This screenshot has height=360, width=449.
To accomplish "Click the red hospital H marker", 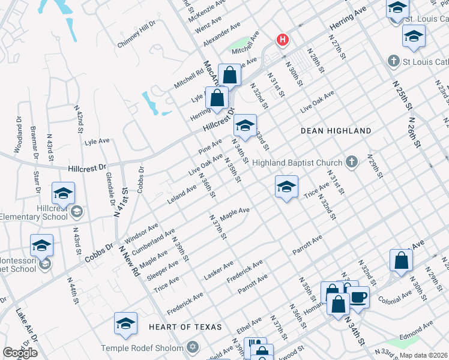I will [x=282, y=41].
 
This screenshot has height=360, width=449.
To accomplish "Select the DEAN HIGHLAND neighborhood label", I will [x=336, y=130].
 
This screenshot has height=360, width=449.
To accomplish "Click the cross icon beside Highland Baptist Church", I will [x=352, y=162].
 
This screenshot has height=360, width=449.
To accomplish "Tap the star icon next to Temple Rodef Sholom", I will [x=193, y=347].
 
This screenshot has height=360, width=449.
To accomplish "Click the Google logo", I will [x=20, y=353].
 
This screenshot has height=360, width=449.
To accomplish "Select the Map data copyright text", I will [x=424, y=355].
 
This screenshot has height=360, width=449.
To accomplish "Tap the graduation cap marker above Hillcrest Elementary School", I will [x=64, y=194].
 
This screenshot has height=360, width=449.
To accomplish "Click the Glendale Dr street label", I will [x=110, y=185].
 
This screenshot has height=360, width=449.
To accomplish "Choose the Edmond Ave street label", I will [x=419, y=328].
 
